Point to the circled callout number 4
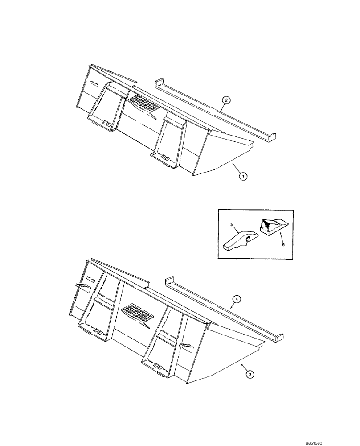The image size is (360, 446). [237, 300]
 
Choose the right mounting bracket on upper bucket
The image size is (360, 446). [171, 138]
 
